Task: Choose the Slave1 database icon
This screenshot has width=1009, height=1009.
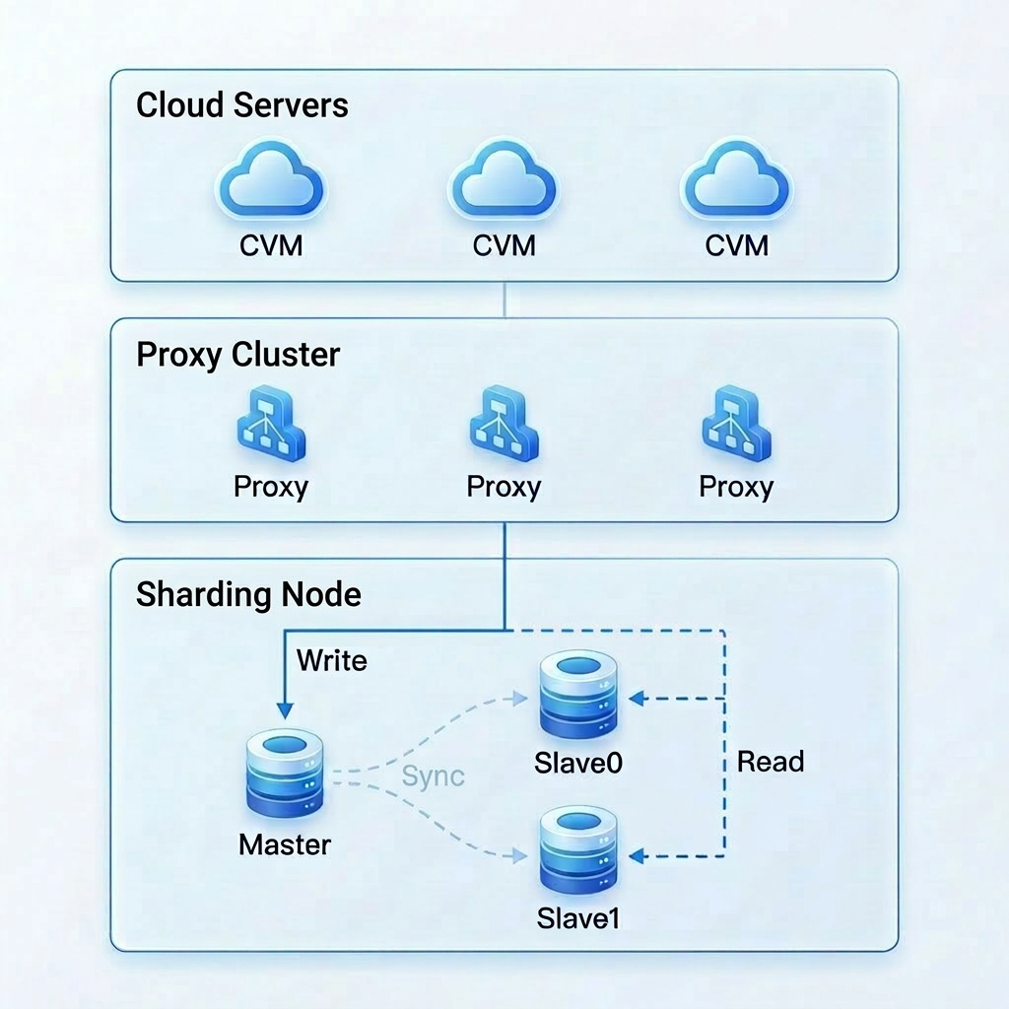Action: coord(577,849)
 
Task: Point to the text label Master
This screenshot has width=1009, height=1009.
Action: coord(285,844)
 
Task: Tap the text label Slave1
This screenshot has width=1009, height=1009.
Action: coord(578,918)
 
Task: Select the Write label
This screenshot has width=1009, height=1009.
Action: coord(331,660)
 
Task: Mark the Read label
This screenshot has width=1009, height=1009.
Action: coord(771,762)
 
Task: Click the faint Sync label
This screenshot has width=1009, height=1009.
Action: coord(433,776)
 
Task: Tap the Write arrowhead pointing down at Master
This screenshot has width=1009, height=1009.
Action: coord(285,709)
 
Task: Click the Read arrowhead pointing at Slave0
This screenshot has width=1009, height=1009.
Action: coord(636,699)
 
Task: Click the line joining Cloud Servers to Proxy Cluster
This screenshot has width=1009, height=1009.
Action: coord(504,300)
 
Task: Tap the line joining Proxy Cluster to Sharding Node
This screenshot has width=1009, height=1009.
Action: coord(504,540)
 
